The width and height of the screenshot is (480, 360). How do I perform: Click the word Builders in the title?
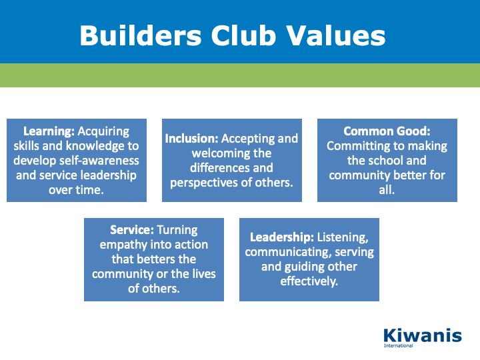[x=141, y=35]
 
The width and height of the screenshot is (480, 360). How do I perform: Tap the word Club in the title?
[x=244, y=35]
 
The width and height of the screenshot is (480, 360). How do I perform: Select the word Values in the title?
[x=336, y=35]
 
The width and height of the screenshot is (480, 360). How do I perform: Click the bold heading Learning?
[x=49, y=131]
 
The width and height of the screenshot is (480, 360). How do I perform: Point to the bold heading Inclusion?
[x=191, y=139]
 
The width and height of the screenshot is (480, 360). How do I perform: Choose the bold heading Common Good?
[x=387, y=131]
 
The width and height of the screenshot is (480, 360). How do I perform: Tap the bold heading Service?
[x=132, y=230]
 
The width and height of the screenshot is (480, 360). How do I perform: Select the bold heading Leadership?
[x=282, y=237]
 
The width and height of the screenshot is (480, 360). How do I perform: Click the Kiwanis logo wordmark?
[x=423, y=336]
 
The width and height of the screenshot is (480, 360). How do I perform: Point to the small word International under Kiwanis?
[x=398, y=345]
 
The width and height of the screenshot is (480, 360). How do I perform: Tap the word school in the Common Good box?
[x=386, y=161]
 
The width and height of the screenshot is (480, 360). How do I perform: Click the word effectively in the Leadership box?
[x=309, y=281]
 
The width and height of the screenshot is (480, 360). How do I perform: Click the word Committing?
[x=357, y=146]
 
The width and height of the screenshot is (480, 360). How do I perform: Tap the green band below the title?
[x=240, y=75]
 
